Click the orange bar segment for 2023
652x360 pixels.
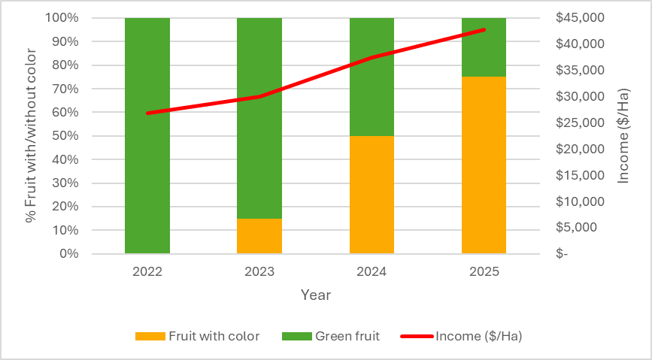pos(259,236)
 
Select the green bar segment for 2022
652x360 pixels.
pos(147,180)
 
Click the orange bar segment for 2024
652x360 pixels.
pos(371,195)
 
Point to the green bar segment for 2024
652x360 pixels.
pos(371,90)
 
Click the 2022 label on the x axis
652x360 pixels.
pos(147,271)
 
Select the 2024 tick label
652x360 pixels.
pos(371,271)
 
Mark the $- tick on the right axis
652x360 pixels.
pos(563,254)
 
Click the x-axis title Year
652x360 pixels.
pos(316,295)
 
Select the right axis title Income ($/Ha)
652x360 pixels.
pos(623,135)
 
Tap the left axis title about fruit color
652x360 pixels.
pos(31,136)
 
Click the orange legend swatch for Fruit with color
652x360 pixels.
pos(149,336)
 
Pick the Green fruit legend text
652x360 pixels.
pos(347,336)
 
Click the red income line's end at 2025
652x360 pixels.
pos(484,30)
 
